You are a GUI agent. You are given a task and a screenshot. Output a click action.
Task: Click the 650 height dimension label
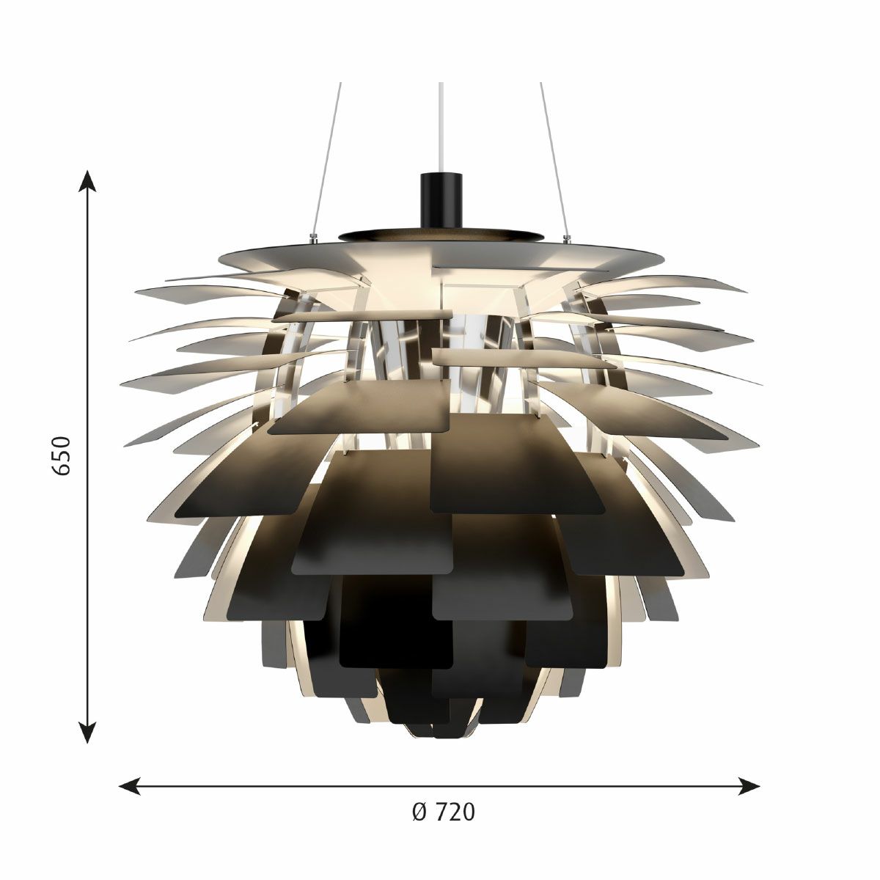tap(62, 455)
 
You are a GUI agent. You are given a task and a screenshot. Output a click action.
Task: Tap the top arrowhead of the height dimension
tap(88, 182)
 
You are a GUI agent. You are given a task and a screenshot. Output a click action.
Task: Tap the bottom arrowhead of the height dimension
tap(88, 731)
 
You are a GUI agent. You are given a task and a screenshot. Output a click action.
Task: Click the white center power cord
tap(441, 128)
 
